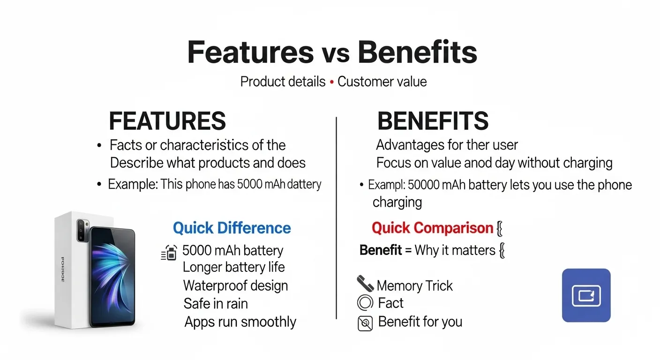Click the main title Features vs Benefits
click(x=332, y=52)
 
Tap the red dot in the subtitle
click(x=332, y=82)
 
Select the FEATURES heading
click(x=167, y=121)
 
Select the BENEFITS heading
click(x=433, y=121)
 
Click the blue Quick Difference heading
click(x=232, y=228)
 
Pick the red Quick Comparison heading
click(x=432, y=228)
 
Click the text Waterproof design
click(x=235, y=285)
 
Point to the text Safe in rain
click(x=216, y=304)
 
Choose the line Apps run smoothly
click(x=240, y=322)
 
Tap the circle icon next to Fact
click(x=365, y=303)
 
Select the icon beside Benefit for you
click(x=365, y=323)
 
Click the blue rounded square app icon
click(x=586, y=295)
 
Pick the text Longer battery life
click(x=233, y=267)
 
